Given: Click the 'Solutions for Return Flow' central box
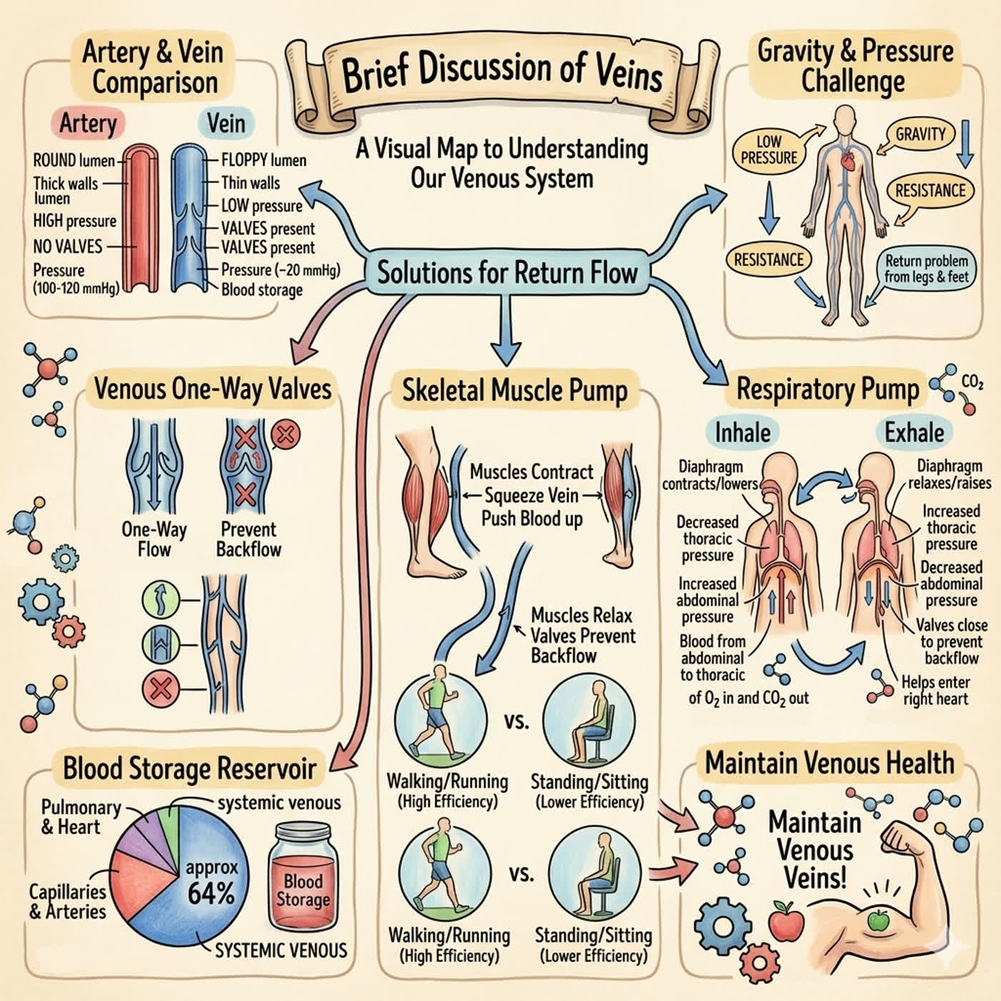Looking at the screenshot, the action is [x=506, y=272].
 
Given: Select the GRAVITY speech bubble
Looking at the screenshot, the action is [x=920, y=134].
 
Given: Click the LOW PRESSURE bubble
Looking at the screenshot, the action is [x=769, y=149].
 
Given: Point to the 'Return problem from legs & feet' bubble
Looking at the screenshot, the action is [x=926, y=269].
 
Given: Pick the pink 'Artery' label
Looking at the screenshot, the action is [x=88, y=124].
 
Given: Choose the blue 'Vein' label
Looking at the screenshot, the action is [x=226, y=124].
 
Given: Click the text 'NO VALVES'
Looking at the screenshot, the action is [x=67, y=246].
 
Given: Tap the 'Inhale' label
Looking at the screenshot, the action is [x=743, y=433].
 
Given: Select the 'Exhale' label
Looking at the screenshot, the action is [x=914, y=433].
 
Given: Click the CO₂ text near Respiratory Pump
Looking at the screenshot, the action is [x=972, y=383].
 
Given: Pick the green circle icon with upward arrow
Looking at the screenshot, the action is [x=161, y=600].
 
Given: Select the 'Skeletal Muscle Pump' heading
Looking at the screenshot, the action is [x=515, y=390].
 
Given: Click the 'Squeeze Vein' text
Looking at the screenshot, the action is [x=531, y=495].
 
